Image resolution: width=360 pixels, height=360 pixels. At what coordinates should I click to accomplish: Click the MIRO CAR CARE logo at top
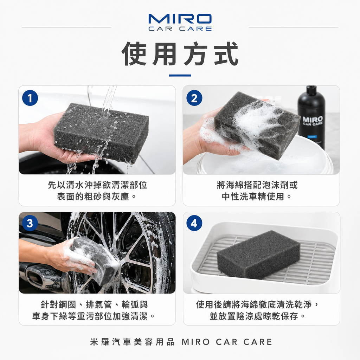click(x=180, y=22)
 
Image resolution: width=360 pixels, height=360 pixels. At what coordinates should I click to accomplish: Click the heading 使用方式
click(x=180, y=54)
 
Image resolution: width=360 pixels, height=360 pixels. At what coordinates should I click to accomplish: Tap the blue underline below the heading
click(x=180, y=75)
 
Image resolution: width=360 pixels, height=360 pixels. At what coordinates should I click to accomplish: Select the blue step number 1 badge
click(x=30, y=98)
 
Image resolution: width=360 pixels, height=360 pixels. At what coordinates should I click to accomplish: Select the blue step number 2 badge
click(x=194, y=98)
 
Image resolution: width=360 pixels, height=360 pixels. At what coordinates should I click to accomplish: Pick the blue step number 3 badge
click(x=30, y=223)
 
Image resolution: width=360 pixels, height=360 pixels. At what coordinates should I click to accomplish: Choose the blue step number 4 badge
click(x=194, y=223)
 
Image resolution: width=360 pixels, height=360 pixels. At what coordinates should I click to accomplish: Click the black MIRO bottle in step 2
click(x=311, y=117)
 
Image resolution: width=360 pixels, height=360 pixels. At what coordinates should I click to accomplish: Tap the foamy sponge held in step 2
click(x=257, y=125)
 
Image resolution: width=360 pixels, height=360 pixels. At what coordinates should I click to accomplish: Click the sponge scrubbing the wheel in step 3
click(x=94, y=261)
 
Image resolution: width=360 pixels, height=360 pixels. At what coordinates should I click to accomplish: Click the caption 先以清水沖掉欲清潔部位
click(x=97, y=185)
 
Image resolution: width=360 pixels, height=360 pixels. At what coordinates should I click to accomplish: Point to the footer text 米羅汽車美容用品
click(x=133, y=342)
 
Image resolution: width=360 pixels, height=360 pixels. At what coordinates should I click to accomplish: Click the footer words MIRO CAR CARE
click(x=227, y=342)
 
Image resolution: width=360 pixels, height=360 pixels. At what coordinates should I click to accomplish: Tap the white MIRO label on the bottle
click(x=313, y=120)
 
